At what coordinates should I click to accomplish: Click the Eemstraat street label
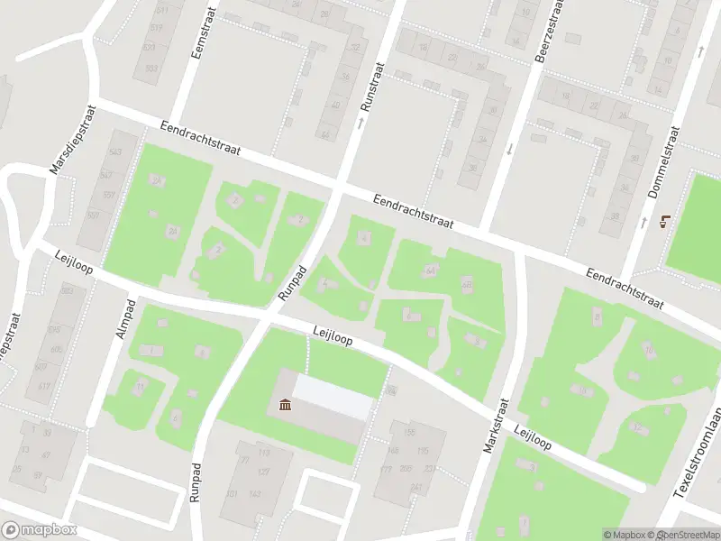[200, 35]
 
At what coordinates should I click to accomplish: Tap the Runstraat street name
[370, 86]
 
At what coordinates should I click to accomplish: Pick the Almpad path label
[125, 318]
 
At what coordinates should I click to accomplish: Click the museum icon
[286, 405]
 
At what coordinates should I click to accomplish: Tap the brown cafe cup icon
[666, 221]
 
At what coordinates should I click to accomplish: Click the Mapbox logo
[38, 530]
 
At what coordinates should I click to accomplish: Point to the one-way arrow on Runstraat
[360, 122]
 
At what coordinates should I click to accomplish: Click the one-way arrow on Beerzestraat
[509, 149]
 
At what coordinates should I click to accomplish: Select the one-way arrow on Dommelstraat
[645, 221]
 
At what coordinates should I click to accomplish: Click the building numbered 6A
[431, 270]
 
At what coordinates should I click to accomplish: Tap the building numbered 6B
[466, 285]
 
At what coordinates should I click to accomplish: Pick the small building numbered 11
[140, 387]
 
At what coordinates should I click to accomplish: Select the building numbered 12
[638, 427]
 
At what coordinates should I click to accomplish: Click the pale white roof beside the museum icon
[332, 397]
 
